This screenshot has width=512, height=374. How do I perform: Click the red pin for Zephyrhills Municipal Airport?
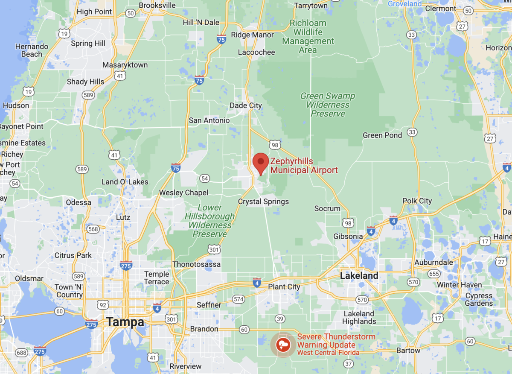click(260, 163)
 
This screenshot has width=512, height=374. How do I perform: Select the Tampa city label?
click(125, 322)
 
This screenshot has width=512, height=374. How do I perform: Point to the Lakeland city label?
click(359, 276)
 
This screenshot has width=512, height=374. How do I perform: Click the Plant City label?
click(284, 287)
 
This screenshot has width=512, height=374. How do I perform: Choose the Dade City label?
click(246, 105)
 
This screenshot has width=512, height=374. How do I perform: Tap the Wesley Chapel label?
click(183, 193)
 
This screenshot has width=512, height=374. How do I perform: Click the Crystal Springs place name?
click(263, 202)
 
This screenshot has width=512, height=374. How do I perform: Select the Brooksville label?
click(157, 5)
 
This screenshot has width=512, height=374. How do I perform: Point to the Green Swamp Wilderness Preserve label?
click(328, 105)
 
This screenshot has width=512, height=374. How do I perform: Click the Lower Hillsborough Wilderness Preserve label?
click(209, 221)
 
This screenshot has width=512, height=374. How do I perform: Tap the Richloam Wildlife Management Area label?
click(308, 36)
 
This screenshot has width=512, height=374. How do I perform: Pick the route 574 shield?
click(239, 299)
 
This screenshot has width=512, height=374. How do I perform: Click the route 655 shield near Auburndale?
click(434, 274)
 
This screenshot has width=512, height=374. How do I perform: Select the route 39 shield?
click(280, 318)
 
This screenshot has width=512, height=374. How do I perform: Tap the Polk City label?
click(417, 201)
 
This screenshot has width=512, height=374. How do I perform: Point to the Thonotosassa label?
click(196, 264)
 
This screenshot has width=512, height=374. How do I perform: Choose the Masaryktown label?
click(125, 65)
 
